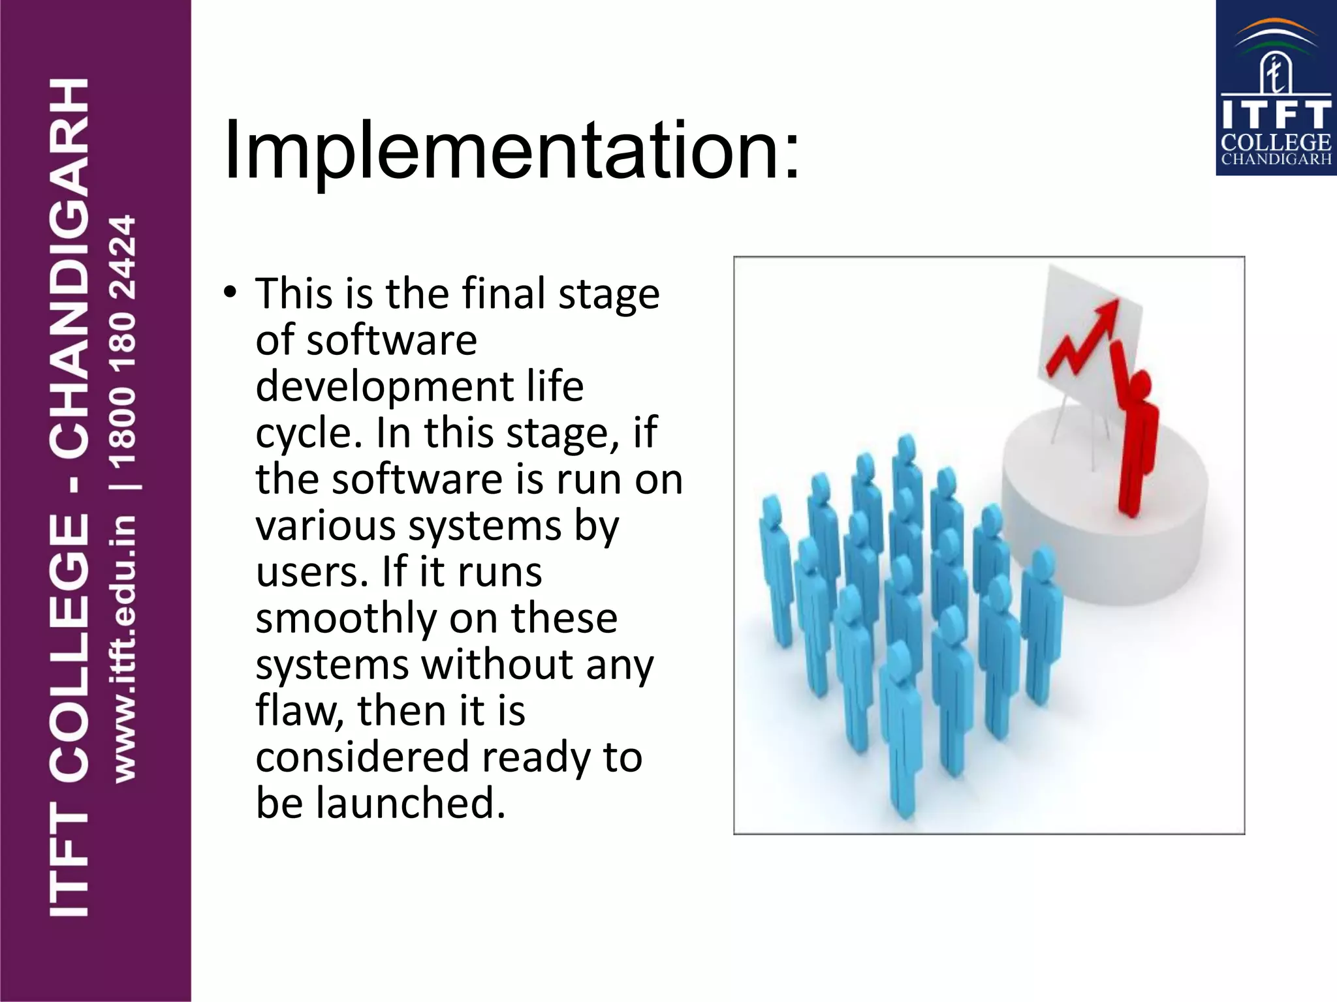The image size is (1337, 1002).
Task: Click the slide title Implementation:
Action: click(511, 151)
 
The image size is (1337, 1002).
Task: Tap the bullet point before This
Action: click(229, 293)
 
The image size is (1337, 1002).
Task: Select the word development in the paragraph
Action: click(374, 386)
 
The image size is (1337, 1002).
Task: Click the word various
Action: click(324, 526)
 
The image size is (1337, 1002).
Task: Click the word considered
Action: click(362, 757)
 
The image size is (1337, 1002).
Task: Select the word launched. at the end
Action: click(411, 803)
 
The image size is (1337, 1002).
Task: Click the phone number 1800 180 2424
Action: click(123, 342)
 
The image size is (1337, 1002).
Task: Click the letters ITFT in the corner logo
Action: click(1276, 115)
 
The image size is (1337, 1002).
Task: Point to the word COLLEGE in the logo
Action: click(1276, 142)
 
